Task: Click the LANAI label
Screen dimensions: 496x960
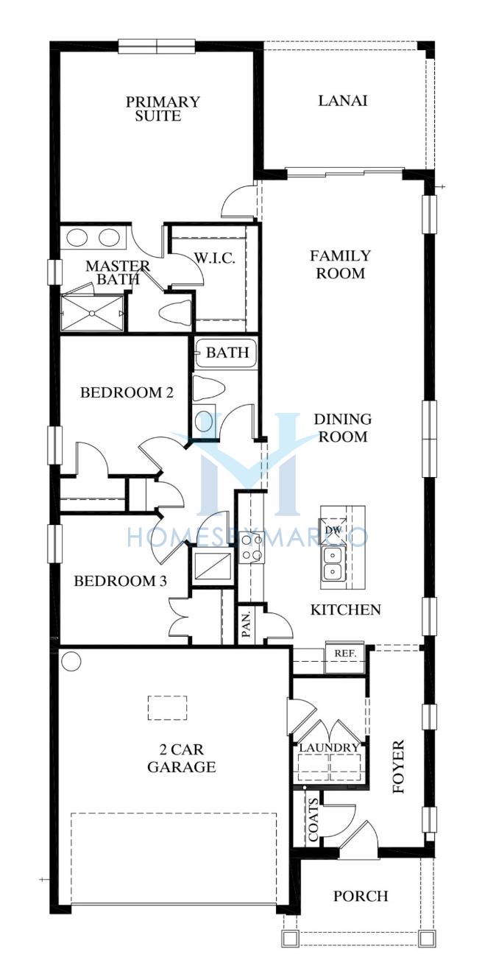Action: (x=343, y=101)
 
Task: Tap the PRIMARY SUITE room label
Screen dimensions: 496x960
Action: (x=163, y=109)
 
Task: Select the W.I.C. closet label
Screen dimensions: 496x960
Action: (x=215, y=258)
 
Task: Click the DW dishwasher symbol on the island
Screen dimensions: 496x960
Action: (x=333, y=530)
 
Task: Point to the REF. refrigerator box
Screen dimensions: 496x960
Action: (x=345, y=654)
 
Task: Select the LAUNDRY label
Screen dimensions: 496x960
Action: (x=330, y=748)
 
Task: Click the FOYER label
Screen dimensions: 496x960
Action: (x=398, y=766)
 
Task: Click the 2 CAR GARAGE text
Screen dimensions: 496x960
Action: (x=181, y=758)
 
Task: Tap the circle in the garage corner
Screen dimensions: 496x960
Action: (x=71, y=661)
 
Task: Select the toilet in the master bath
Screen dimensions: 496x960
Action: (x=174, y=313)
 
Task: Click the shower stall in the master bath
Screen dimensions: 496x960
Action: (x=93, y=314)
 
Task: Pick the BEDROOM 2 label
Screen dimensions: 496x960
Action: (x=127, y=392)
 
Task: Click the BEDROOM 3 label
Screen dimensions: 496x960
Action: (x=121, y=581)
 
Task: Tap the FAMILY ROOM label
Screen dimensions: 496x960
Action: (x=341, y=264)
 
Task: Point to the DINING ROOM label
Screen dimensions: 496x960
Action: (x=343, y=428)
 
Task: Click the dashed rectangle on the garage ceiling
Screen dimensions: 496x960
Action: (x=168, y=708)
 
